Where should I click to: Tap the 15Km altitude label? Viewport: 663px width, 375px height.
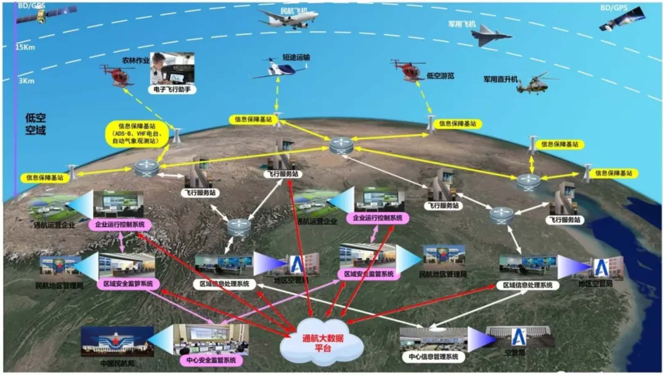25,47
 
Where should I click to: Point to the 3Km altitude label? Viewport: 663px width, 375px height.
27,81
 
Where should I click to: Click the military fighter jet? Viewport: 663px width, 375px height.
490,35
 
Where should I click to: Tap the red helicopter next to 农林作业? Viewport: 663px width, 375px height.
117,75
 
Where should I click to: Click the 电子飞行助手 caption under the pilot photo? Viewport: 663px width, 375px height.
172,89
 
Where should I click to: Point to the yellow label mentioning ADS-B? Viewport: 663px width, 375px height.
137,134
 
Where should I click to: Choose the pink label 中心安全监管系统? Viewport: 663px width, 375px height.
211,360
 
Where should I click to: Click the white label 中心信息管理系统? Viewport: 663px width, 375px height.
433,357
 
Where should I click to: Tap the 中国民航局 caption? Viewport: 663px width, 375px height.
117,364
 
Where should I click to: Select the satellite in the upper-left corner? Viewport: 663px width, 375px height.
45,15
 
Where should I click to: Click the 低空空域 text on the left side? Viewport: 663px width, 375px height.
36,124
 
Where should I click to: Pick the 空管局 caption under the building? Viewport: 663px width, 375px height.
515,352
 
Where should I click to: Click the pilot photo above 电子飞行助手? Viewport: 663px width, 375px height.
172,68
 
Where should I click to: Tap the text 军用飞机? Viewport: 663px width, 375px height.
462,24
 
